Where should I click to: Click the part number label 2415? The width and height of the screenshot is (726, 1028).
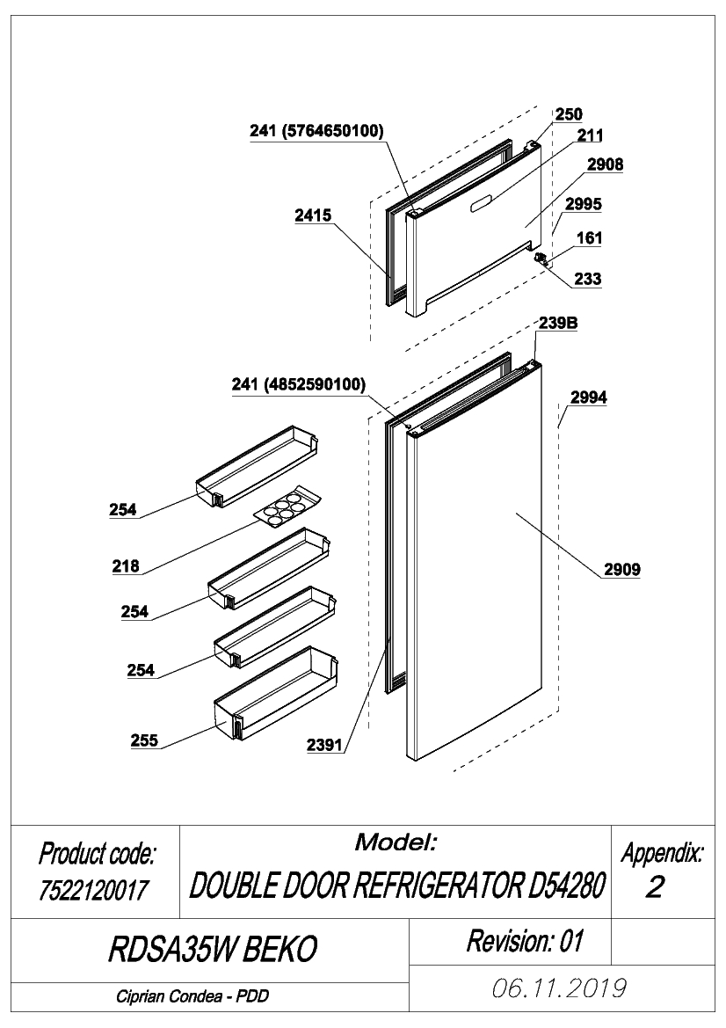[x=313, y=215]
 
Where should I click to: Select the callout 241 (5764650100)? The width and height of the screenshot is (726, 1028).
[x=316, y=130]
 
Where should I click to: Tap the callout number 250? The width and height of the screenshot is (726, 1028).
[x=568, y=114]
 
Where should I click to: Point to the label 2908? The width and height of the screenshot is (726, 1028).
[x=605, y=164]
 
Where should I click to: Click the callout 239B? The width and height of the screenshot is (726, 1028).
[x=558, y=323]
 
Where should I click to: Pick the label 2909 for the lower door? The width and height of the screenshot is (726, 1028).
[x=621, y=569]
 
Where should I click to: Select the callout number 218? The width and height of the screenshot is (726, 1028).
[x=125, y=565]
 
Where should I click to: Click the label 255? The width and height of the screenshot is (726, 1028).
[x=144, y=740]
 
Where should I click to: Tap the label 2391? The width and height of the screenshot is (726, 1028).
[x=324, y=745]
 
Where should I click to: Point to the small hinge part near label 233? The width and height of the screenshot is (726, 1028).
[x=541, y=257]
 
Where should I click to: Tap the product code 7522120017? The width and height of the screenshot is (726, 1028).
[x=94, y=890]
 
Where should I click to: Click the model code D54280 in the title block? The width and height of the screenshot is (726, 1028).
[x=565, y=886]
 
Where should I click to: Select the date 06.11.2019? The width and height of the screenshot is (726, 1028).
[x=558, y=988]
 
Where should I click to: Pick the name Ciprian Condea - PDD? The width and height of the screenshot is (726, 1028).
[x=192, y=996]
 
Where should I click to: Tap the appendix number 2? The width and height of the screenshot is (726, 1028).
[x=655, y=887]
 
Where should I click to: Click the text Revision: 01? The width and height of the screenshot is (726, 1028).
[x=525, y=941]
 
